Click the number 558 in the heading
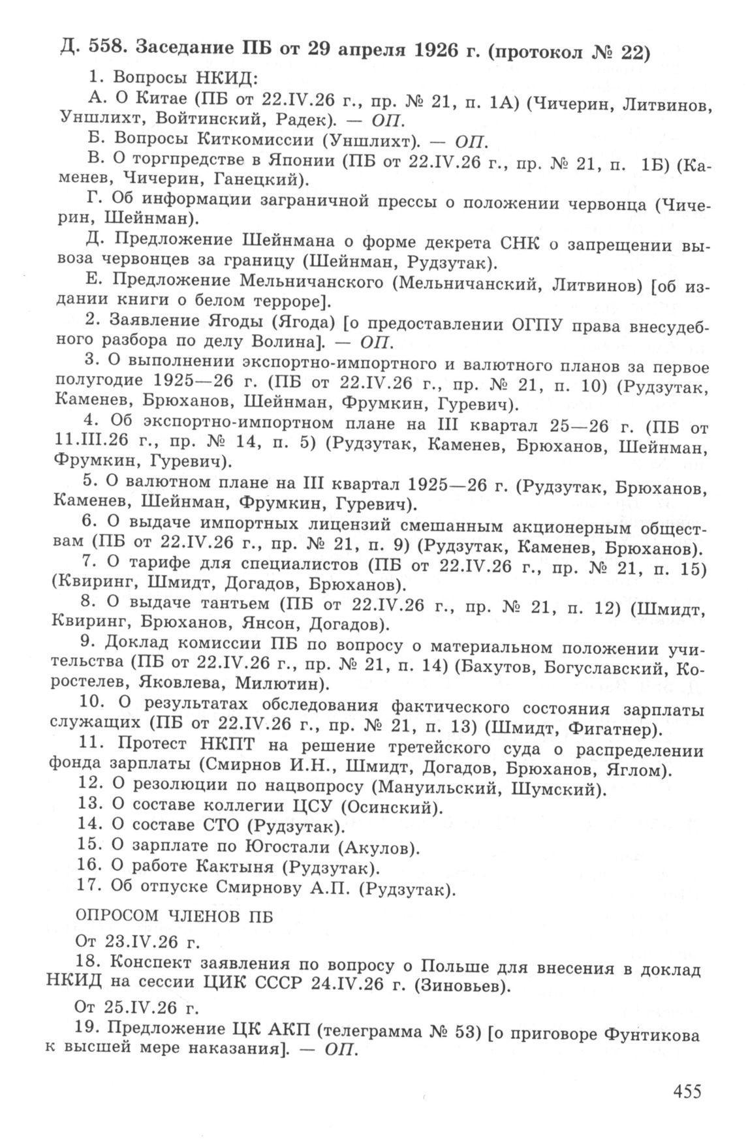click(97, 50)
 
